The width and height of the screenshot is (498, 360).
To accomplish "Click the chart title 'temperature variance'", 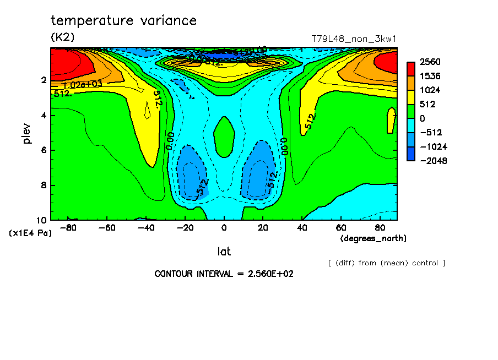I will click(x=123, y=21).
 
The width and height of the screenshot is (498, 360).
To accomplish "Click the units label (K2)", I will click(x=62, y=37).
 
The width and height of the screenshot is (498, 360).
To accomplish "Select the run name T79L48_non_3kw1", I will click(x=354, y=39).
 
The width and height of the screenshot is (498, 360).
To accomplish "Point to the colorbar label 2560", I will click(x=429, y=62).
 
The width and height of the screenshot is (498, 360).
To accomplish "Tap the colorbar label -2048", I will click(x=431, y=161).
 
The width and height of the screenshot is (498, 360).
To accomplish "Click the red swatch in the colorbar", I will click(x=411, y=68).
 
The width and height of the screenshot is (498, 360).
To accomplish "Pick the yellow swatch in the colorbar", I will click(x=411, y=97).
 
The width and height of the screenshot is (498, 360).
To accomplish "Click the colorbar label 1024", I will click(x=429, y=90).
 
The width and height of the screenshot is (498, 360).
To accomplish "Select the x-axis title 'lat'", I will click(x=224, y=252).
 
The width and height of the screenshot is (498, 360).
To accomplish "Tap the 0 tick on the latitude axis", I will click(x=224, y=227).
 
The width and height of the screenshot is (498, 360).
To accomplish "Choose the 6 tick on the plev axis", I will click(x=43, y=150).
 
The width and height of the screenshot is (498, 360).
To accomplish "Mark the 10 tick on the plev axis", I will click(x=41, y=220).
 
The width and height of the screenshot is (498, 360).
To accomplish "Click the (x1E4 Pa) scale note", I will click(x=30, y=233).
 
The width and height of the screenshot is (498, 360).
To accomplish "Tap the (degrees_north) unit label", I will click(x=373, y=238).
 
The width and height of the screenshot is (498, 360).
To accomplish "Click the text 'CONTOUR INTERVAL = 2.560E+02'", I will click(x=224, y=274).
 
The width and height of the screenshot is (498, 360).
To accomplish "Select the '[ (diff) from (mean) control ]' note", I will click(x=387, y=263).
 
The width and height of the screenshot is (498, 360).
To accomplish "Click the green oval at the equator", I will click(x=224, y=135).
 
